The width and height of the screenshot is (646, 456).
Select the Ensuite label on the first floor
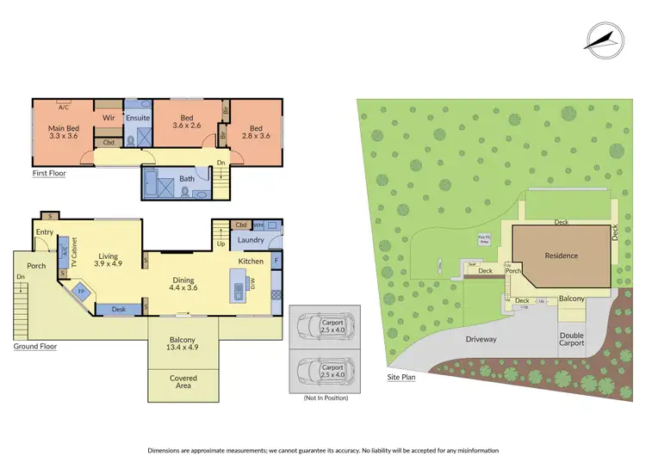(137, 119)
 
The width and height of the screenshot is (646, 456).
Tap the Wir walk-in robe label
(109, 119)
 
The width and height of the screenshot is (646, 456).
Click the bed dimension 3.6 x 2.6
(186, 126)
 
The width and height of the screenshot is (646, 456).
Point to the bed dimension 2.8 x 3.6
(255, 135)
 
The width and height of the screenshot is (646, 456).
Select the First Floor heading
(48, 173)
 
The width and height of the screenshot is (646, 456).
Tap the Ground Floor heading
(35, 346)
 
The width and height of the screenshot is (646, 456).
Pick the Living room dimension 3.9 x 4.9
(108, 264)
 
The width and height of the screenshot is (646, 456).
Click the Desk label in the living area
(119, 309)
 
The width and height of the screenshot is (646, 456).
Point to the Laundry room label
(250, 240)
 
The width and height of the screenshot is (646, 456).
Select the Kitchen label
(251, 261)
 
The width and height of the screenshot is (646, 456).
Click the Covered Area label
(183, 383)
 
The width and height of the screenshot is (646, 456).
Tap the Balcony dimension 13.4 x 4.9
(183, 348)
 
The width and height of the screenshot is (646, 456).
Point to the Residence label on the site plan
(561, 256)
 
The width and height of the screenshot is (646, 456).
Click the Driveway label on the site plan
(481, 339)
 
